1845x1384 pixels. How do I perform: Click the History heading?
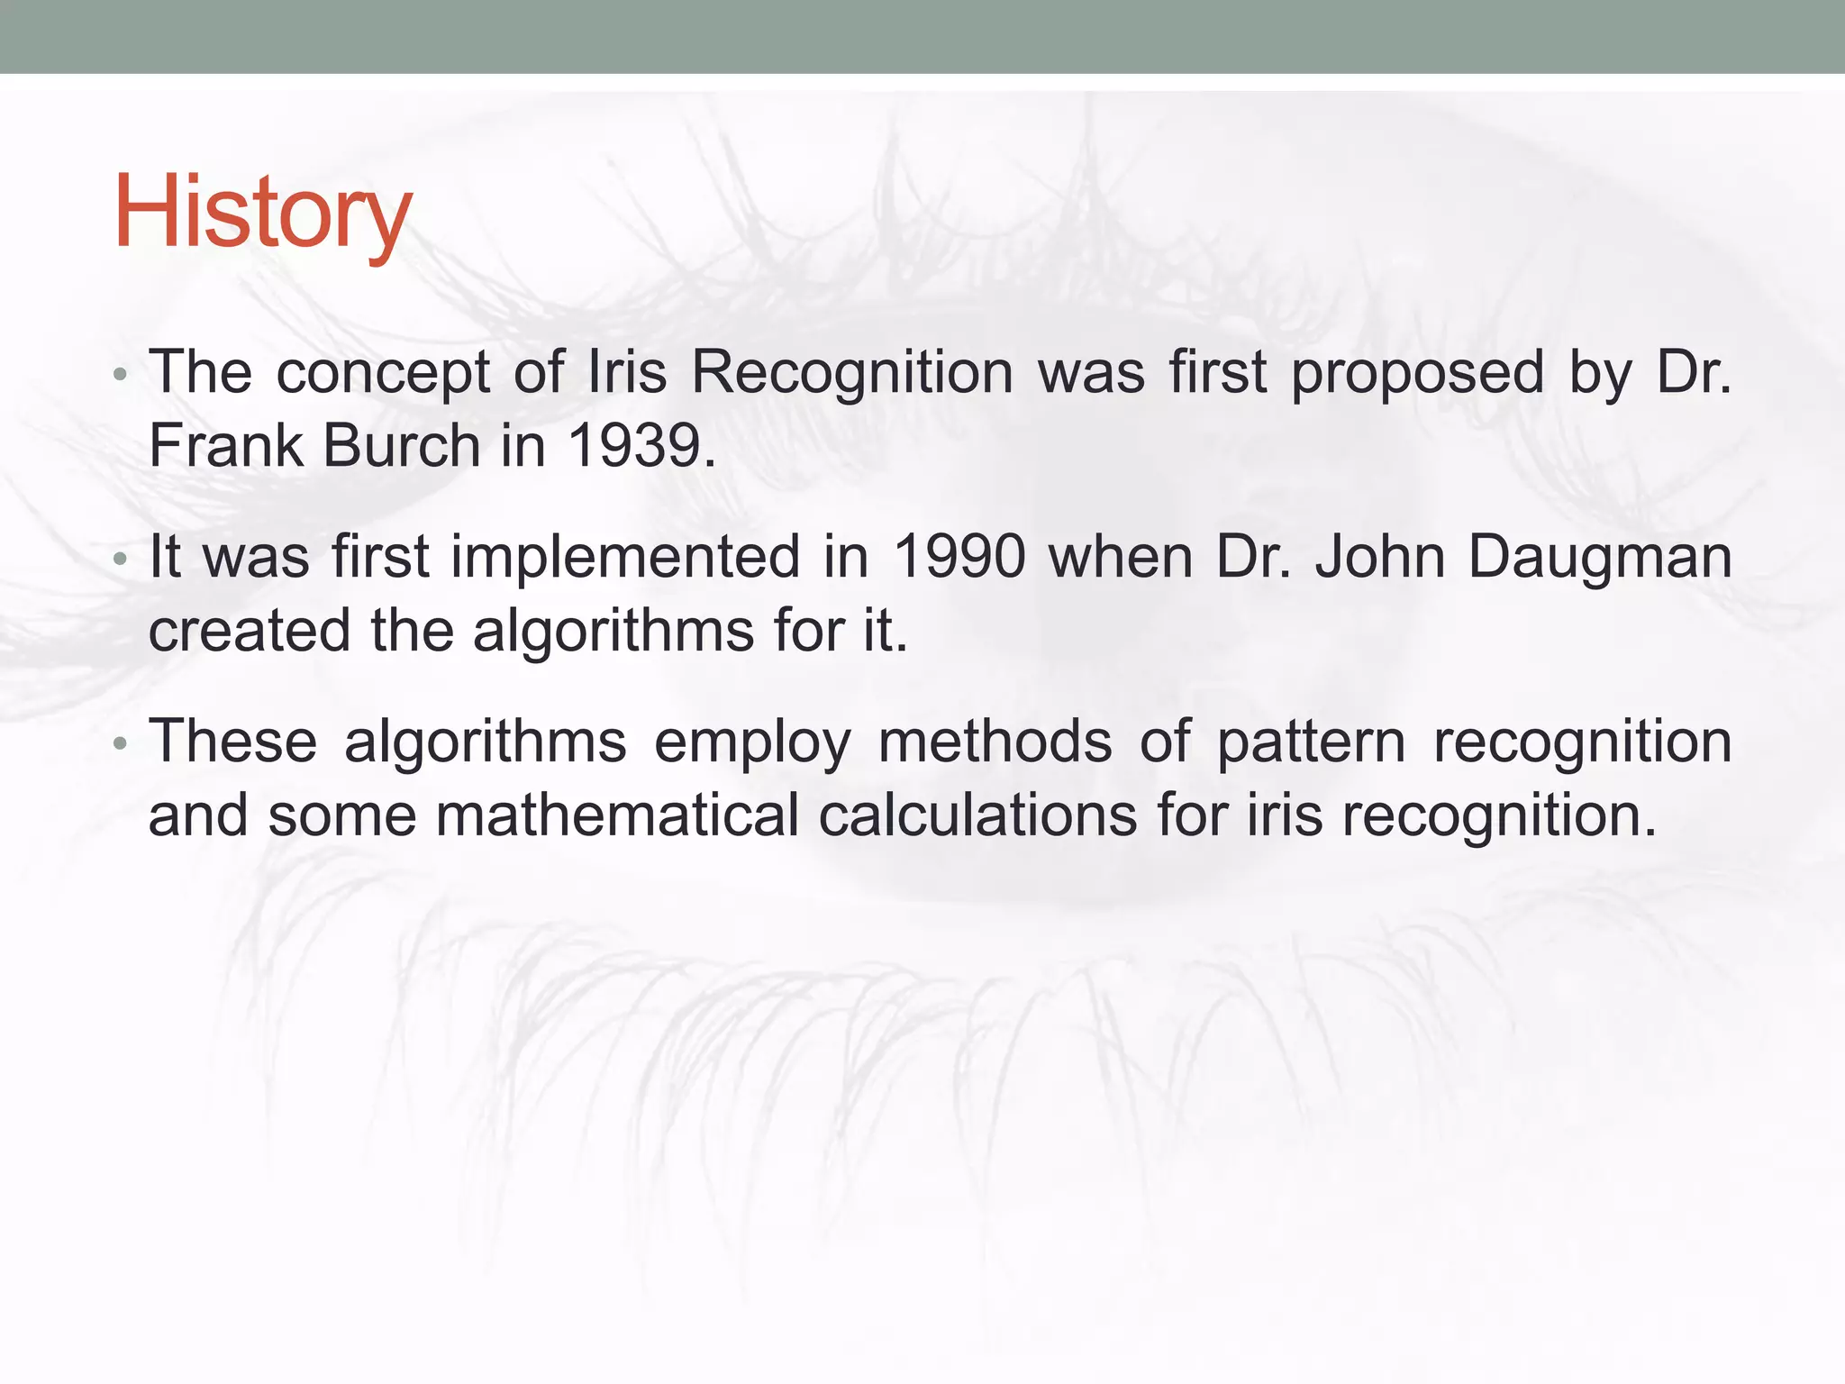coord(262,213)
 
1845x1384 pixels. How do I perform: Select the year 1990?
coord(959,556)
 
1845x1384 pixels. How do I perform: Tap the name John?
coord(1380,556)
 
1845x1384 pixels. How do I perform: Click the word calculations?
coord(977,815)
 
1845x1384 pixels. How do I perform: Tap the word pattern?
coord(1311,743)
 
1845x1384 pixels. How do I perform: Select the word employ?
coord(752,743)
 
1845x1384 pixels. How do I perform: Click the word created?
coord(249,630)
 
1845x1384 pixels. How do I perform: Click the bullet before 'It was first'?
coord(121,559)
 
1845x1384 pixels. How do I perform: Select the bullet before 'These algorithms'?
coord(121,743)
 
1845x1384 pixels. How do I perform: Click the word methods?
coord(995,742)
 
